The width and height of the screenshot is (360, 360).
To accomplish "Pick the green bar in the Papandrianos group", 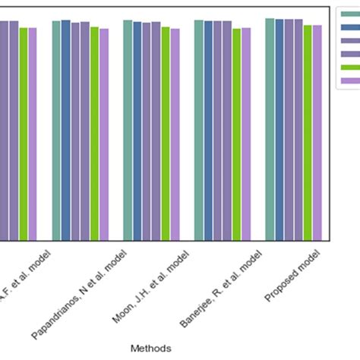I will (94, 134).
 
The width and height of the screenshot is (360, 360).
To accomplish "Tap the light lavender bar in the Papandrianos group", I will (104, 134).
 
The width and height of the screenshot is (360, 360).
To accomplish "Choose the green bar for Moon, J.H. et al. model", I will (166, 134).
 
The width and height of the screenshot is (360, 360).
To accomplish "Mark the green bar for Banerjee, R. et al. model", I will (236, 134).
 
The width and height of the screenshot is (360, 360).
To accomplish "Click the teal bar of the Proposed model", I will (270, 129).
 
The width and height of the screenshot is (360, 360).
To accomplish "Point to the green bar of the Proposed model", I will (308, 133).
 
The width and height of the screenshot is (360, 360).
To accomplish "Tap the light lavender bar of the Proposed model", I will (317, 133).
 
